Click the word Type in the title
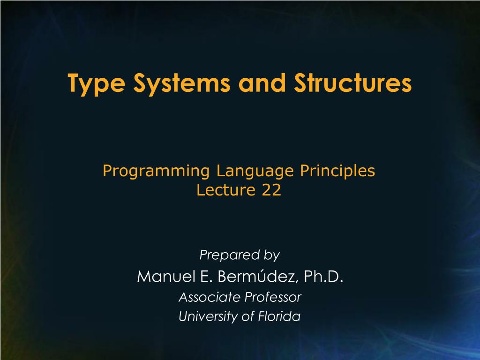(97, 84)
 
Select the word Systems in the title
(182, 84)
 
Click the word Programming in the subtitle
(156, 172)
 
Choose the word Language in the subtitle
(255, 172)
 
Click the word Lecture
(226, 190)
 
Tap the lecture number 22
(271, 190)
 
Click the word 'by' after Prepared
(272, 255)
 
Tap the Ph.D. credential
(323, 277)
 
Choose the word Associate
(210, 297)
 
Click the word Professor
(273, 297)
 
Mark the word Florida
(279, 316)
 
